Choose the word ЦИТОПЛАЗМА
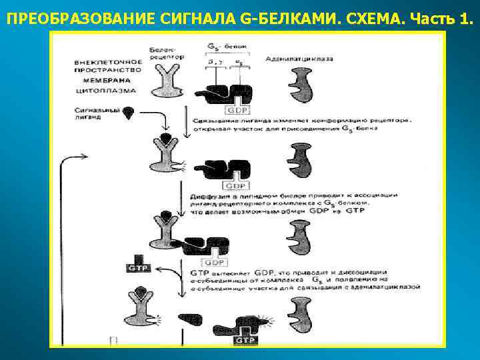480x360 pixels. [x=105, y=89]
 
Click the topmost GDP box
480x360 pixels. [x=237, y=109]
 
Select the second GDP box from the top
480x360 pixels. [x=237, y=186]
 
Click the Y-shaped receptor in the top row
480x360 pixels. [x=163, y=85]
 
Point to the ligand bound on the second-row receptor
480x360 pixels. [x=163, y=139]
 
